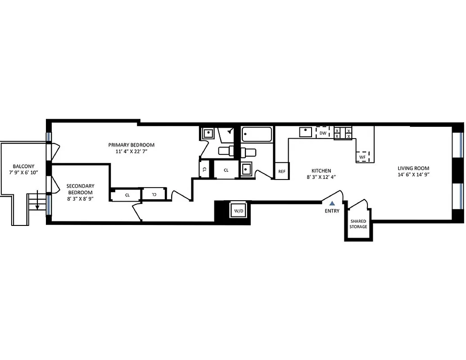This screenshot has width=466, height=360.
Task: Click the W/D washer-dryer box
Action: (x=237, y=210)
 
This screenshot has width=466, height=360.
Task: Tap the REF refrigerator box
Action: (x=282, y=171)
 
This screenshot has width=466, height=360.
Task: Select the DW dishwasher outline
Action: (x=323, y=133)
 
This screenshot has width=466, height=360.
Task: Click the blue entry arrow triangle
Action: (x=332, y=203)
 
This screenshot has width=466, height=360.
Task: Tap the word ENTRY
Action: (x=332, y=211)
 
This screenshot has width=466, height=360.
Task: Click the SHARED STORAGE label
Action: (x=358, y=224)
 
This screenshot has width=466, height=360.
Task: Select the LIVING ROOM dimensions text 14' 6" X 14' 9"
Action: (x=414, y=175)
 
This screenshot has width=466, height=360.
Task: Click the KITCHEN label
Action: (x=321, y=171)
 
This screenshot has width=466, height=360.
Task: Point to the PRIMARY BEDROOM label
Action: (x=131, y=145)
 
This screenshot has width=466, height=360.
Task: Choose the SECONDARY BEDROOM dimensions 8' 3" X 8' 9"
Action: (x=80, y=198)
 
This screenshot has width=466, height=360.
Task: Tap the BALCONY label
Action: (x=23, y=166)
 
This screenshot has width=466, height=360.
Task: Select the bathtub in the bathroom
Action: (x=257, y=134)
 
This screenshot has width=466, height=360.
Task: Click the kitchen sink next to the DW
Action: (x=306, y=132)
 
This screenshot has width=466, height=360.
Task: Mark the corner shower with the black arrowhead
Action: (x=227, y=134)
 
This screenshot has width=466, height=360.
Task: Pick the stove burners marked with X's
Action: (x=343, y=133)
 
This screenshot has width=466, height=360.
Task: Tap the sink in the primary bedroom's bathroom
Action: (x=208, y=133)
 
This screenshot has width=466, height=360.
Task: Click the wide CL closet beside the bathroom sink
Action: (x=226, y=170)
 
